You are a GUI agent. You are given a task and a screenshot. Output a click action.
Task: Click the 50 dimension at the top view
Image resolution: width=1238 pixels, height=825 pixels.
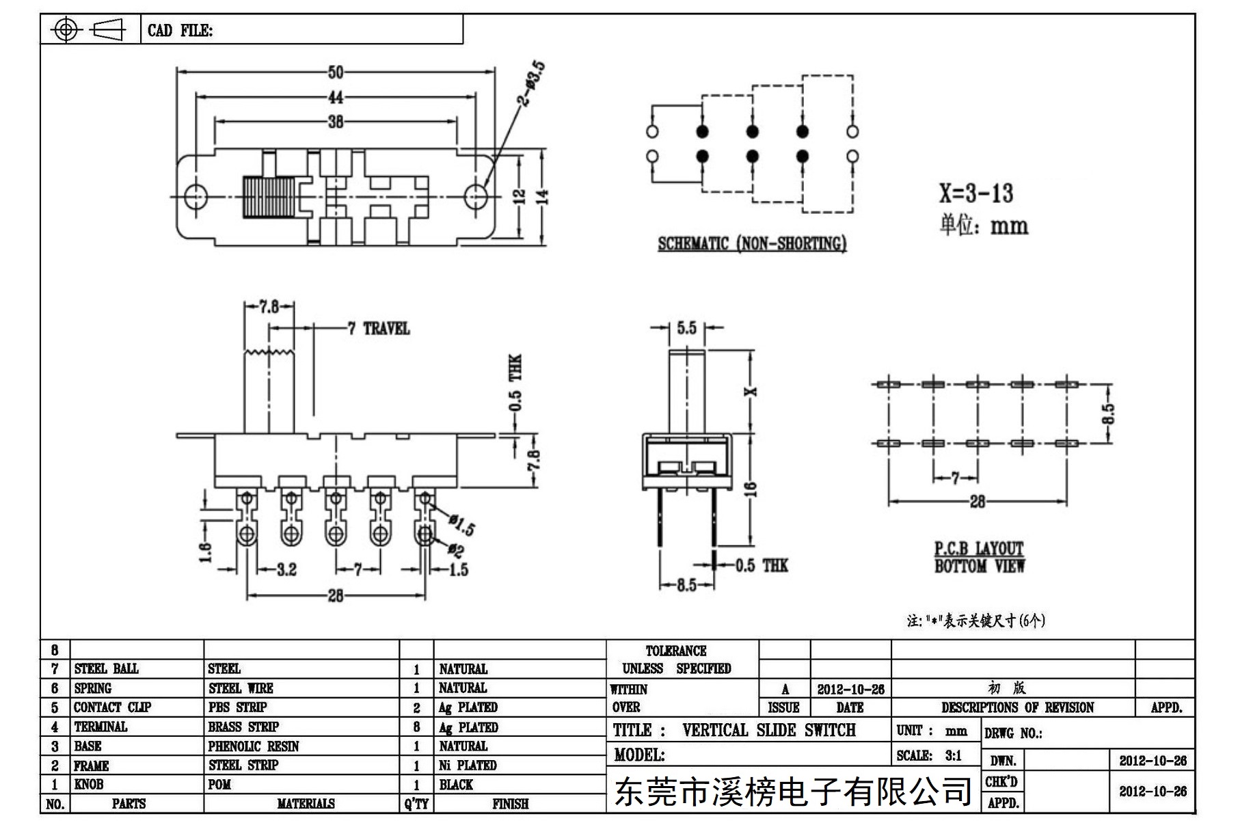coord(336,72)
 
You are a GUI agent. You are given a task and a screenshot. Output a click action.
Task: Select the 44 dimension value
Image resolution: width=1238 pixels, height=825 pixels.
coord(336,97)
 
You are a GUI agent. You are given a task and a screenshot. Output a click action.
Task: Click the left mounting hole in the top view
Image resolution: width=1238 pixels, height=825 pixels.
coord(196,197)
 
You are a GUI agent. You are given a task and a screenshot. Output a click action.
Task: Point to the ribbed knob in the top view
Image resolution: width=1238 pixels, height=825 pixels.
coord(268,197)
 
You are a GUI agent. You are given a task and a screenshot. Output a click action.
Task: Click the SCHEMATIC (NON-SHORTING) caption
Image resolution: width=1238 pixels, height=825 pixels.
coord(752,243)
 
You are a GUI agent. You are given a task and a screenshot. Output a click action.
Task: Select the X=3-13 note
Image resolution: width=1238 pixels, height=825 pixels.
coord(975,193)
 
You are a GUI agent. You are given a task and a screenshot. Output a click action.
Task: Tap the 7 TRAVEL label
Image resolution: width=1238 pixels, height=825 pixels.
coord(379,329)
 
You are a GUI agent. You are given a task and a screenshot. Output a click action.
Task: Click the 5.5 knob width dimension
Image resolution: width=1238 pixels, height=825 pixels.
coord(686,328)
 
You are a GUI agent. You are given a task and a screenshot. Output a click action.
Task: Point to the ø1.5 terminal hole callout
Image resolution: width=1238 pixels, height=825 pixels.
coord(462,525)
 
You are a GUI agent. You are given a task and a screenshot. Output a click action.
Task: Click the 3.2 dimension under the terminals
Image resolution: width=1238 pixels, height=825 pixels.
coord(286,569)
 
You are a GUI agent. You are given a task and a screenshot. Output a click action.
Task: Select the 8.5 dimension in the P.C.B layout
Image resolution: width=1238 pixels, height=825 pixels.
coord(1108,413)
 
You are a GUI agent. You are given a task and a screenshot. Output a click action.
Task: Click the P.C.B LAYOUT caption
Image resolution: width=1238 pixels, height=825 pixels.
coord(979,549)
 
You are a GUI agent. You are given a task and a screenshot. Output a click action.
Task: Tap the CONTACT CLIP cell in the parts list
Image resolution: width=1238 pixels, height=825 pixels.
coord(112,707)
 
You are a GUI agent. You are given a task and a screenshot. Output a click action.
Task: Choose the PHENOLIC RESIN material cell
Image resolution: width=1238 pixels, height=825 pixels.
coord(254,746)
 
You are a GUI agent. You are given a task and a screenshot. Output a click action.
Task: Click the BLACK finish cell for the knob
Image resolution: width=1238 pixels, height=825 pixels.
coord(456,784)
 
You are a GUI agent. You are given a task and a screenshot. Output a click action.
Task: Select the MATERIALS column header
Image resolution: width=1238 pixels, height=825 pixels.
coord(306,804)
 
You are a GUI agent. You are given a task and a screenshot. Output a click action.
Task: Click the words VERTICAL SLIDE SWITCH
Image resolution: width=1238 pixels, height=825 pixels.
coord(768,730)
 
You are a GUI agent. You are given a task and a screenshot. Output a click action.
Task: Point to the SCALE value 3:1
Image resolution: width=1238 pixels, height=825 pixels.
coord(953,755)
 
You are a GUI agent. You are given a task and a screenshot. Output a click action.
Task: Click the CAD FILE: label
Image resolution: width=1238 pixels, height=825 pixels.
coord(180,30)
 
